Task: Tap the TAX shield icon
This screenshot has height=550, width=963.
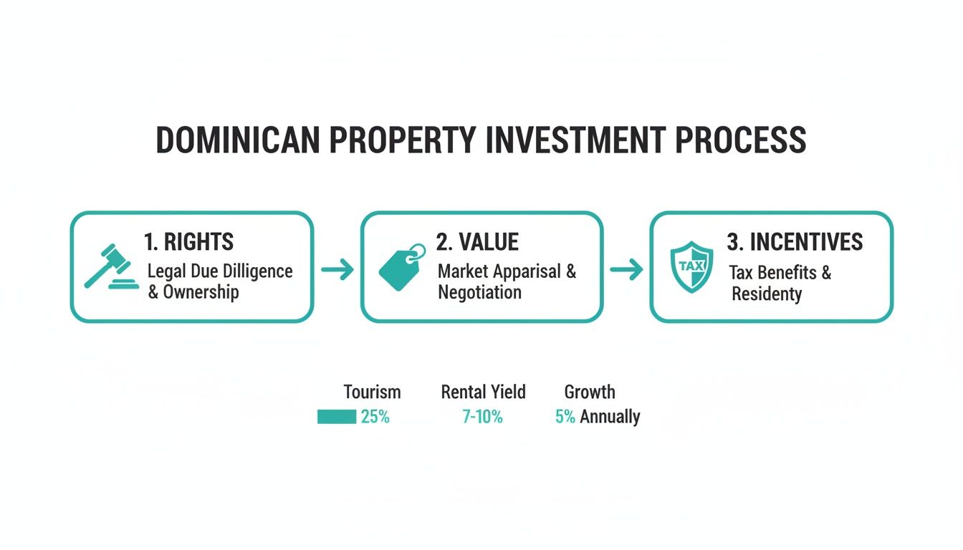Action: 689,266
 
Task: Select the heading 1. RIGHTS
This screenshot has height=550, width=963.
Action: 188,242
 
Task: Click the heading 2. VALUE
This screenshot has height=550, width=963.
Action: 477,242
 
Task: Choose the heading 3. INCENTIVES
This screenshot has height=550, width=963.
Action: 795,242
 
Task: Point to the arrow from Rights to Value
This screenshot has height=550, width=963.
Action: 337,270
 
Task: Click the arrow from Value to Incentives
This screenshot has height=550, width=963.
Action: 626,270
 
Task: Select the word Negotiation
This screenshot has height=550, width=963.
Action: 479,292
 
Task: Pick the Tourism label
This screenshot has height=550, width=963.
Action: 372,392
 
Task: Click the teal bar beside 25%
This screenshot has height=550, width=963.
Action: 337,417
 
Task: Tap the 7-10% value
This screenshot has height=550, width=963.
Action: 482,417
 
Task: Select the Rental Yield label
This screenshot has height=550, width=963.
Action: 483,392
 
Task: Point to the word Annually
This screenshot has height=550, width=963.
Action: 610,417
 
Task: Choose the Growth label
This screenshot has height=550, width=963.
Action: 589,392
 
